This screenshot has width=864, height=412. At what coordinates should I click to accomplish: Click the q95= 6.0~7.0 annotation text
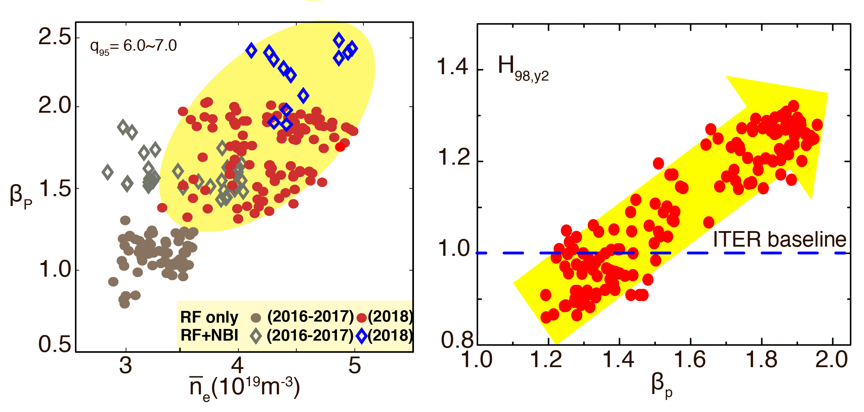(133, 46)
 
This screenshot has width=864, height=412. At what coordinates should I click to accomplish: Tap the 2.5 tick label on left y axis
(55, 37)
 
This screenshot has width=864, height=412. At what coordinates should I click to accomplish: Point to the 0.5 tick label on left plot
(55, 344)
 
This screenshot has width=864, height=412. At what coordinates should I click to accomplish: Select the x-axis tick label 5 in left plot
(355, 365)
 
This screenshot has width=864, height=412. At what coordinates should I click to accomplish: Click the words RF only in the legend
(209, 317)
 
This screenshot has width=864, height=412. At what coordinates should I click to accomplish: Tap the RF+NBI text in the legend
(209, 335)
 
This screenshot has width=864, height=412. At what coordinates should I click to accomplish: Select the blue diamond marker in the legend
(361, 336)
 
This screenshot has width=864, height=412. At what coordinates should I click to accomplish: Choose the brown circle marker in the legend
(256, 318)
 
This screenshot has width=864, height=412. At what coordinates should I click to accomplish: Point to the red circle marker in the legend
(361, 318)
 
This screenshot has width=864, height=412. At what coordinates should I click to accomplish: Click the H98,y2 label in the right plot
(523, 69)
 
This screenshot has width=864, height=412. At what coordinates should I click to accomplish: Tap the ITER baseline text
(779, 240)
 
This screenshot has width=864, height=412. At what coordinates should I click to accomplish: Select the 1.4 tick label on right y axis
(453, 66)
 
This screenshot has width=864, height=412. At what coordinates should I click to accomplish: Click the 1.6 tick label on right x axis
(689, 360)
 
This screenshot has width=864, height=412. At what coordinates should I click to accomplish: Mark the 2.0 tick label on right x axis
(831, 360)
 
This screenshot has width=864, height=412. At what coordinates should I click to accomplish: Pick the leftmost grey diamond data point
(107, 172)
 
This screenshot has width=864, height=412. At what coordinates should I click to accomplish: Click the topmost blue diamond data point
(339, 40)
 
